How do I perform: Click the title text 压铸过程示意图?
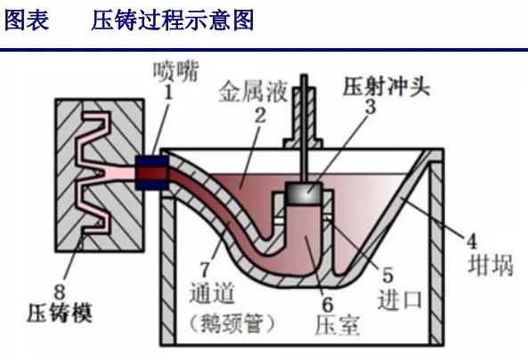coord(173,20)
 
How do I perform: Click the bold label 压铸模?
coord(59,313)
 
